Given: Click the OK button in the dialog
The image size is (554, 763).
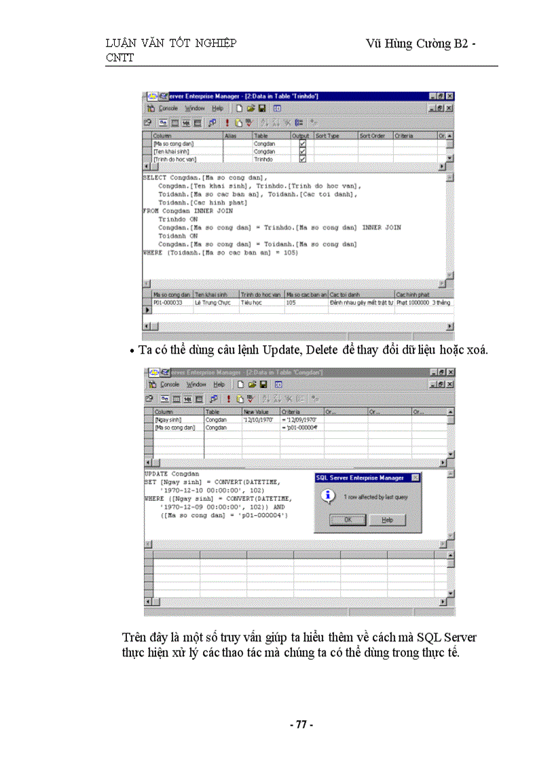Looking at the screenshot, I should [348, 520].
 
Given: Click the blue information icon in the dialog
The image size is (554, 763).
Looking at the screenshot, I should [329, 496].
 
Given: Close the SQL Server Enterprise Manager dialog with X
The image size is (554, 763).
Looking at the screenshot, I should [415, 478].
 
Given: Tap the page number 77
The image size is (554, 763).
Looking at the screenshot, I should [301, 725].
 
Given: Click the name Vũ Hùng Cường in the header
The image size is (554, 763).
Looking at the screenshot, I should [408, 44].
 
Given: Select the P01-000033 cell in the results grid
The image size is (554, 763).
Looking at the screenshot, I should [168, 303].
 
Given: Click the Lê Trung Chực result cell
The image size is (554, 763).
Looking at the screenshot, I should [215, 303].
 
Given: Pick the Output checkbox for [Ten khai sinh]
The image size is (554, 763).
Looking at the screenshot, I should [302, 152].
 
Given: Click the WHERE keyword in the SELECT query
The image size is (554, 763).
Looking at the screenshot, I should [152, 253].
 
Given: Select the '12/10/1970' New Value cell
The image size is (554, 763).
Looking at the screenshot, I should [259, 420].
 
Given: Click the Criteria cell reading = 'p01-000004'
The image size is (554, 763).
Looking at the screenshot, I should [299, 427].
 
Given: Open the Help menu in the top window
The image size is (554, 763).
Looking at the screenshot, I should [217, 108].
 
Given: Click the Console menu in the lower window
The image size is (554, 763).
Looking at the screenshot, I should [169, 385].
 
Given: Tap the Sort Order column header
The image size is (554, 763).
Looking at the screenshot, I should [372, 136].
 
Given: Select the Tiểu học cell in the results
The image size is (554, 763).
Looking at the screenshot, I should [252, 303].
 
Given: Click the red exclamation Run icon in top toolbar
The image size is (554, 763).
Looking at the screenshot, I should [227, 123].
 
